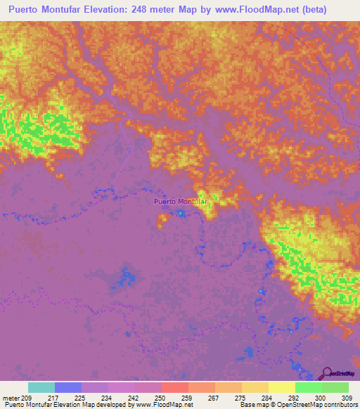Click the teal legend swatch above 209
(41, 387)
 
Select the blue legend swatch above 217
(68, 387)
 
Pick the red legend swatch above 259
(175, 387)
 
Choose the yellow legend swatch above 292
(282, 387)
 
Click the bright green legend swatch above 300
(309, 387)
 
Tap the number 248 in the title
(161, 9)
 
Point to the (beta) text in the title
(333, 9)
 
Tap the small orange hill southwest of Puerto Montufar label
(163, 219)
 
